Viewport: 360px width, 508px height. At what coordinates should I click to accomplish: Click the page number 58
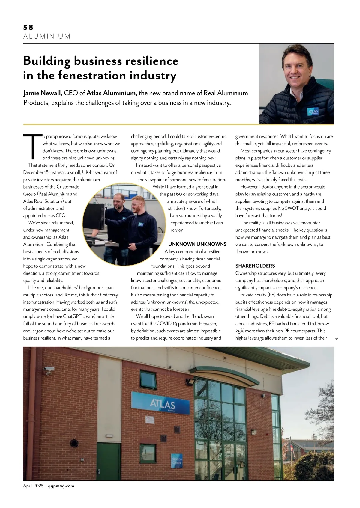[x=28, y=27]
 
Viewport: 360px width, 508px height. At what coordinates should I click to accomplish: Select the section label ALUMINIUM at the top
[x=47, y=36]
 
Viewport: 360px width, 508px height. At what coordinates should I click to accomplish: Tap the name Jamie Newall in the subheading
[x=42, y=93]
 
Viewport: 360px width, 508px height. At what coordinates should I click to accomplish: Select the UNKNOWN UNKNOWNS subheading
[x=197, y=244]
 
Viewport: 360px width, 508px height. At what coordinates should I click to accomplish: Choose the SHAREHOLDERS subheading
[x=255, y=266]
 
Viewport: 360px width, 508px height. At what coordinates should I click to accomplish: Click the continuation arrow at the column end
[x=336, y=338]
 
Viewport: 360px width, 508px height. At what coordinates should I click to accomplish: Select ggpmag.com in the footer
[x=61, y=486]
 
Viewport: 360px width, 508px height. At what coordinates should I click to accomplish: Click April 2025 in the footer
[x=34, y=486]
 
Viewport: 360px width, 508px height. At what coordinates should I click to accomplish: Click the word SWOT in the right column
[x=291, y=208]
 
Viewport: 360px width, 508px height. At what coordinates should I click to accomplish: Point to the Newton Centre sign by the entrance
[x=177, y=461]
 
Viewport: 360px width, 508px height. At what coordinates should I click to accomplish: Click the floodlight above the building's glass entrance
[x=190, y=383]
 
